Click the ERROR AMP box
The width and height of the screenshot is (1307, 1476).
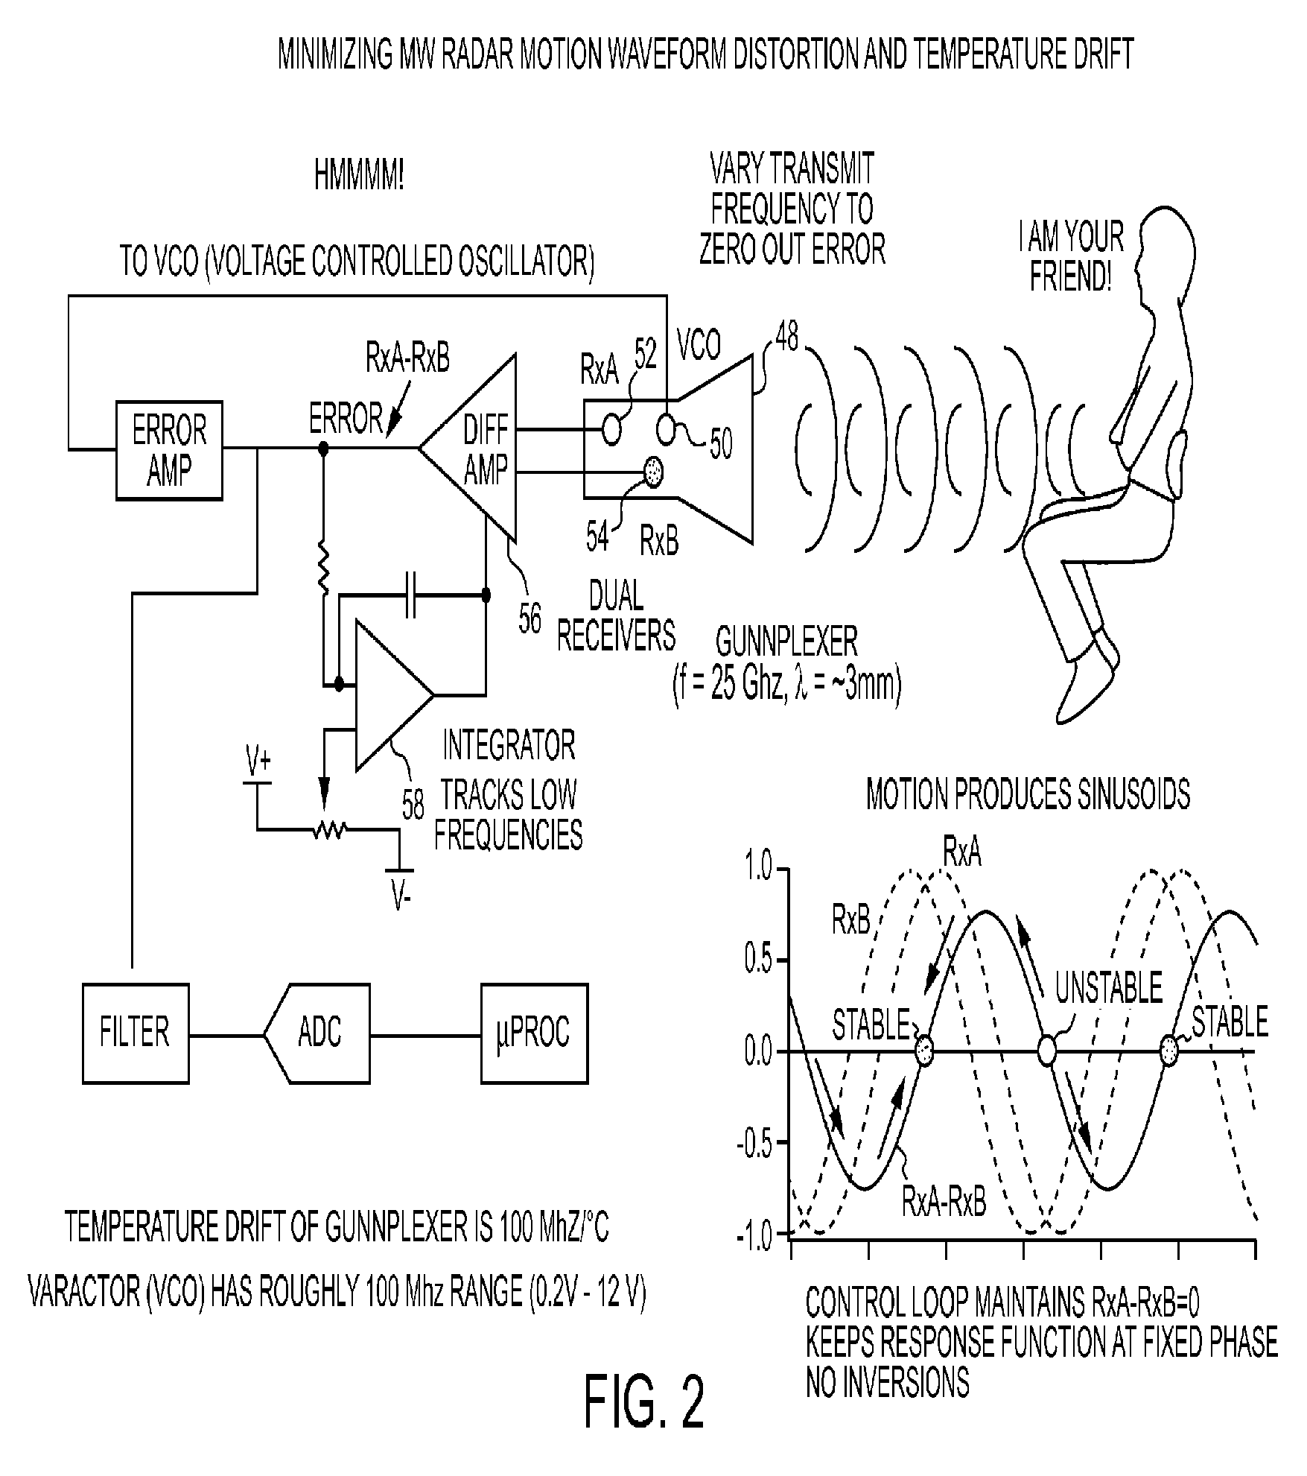pos(169,450)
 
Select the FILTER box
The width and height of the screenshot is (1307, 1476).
pos(136,1033)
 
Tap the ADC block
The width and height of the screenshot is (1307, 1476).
pos(317,1033)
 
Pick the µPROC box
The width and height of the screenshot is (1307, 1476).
pos(534,1033)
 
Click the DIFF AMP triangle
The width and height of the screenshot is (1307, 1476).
pos(477,448)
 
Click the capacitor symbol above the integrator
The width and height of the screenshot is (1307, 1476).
pos(410,595)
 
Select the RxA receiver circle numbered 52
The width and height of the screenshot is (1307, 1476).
pos(611,429)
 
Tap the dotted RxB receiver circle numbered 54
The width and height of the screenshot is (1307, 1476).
pos(654,473)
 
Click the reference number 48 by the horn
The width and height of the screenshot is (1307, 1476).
pos(786,338)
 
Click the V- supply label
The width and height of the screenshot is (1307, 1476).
pos(401,897)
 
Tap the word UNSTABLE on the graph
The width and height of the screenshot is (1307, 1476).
pos(1108,988)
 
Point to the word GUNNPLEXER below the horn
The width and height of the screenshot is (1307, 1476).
pos(786,642)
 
